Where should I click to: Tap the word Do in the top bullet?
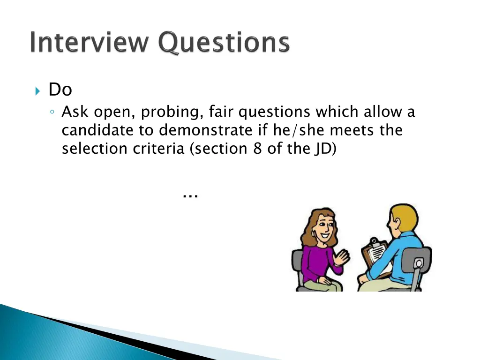tap(60, 90)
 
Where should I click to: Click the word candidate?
tap(98, 130)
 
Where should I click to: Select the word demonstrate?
tap(207, 130)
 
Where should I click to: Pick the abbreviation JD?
tap(322, 149)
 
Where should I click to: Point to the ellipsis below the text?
tap(190, 195)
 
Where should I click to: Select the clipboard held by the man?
tap(375, 253)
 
